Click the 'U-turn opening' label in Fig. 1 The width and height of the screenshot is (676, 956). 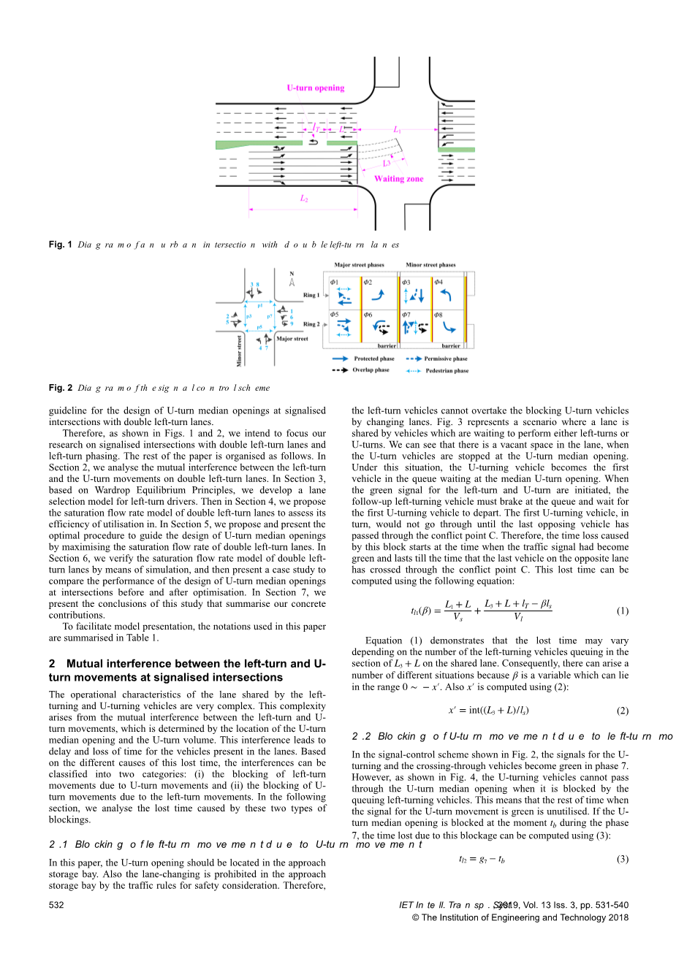pyautogui.click(x=315, y=88)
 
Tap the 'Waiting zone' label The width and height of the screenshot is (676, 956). pyautogui.click(x=398, y=179)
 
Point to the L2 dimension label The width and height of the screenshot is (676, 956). pyautogui.click(x=303, y=198)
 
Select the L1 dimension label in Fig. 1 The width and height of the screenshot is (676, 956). pyautogui.click(x=397, y=129)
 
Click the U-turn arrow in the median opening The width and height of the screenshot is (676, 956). pyautogui.click(x=314, y=142)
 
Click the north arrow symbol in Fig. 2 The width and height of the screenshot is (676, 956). pyautogui.click(x=292, y=280)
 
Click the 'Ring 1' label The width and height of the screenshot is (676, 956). pyautogui.click(x=311, y=296)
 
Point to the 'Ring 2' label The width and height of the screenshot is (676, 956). pyautogui.click(x=311, y=324)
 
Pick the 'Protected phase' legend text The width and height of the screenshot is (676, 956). pyautogui.click(x=374, y=359)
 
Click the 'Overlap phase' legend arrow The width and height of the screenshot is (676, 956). pyautogui.click(x=340, y=370)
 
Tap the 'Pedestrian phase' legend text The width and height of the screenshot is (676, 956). pyautogui.click(x=447, y=370)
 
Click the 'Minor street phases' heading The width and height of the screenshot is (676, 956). pyautogui.click(x=430, y=265)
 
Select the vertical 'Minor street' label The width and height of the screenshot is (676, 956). pyautogui.click(x=239, y=351)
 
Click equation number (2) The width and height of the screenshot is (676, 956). pyautogui.click(x=622, y=711)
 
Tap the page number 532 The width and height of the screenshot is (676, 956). pyautogui.click(x=56, y=906)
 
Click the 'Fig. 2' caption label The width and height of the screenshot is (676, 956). pyautogui.click(x=61, y=388)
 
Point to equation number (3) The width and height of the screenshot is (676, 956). pyautogui.click(x=622, y=859)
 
